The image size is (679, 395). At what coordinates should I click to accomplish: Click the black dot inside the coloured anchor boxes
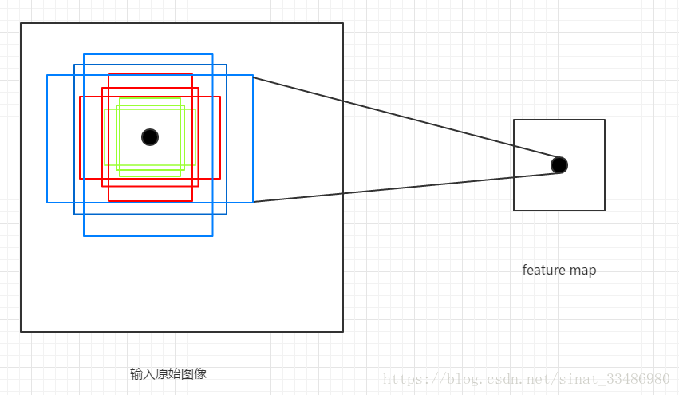click(150, 137)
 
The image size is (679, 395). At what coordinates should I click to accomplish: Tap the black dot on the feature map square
click(559, 165)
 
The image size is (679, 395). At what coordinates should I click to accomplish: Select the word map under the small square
click(582, 270)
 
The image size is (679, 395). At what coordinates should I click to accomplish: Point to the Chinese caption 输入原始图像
click(168, 373)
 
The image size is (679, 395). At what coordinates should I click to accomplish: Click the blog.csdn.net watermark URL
click(527, 378)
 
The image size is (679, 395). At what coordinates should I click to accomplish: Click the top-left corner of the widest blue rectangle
click(47, 75)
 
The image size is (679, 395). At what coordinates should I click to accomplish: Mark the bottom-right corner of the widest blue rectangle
click(253, 203)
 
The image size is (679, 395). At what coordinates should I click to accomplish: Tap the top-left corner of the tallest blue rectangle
click(84, 54)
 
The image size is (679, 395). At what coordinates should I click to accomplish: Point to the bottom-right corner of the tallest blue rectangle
click(213, 236)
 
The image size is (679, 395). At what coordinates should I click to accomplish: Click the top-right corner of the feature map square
click(605, 120)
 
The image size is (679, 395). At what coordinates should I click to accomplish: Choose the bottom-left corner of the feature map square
click(514, 211)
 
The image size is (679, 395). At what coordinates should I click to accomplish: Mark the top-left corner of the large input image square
click(21, 23)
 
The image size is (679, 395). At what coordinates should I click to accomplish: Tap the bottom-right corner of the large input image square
click(343, 332)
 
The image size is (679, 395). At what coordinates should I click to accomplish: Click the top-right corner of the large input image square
click(343, 23)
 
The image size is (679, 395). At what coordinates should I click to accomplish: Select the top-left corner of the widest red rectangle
click(80, 97)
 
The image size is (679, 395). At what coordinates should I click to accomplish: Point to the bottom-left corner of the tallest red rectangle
click(109, 201)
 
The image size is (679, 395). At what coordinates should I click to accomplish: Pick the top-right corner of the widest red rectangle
click(220, 97)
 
